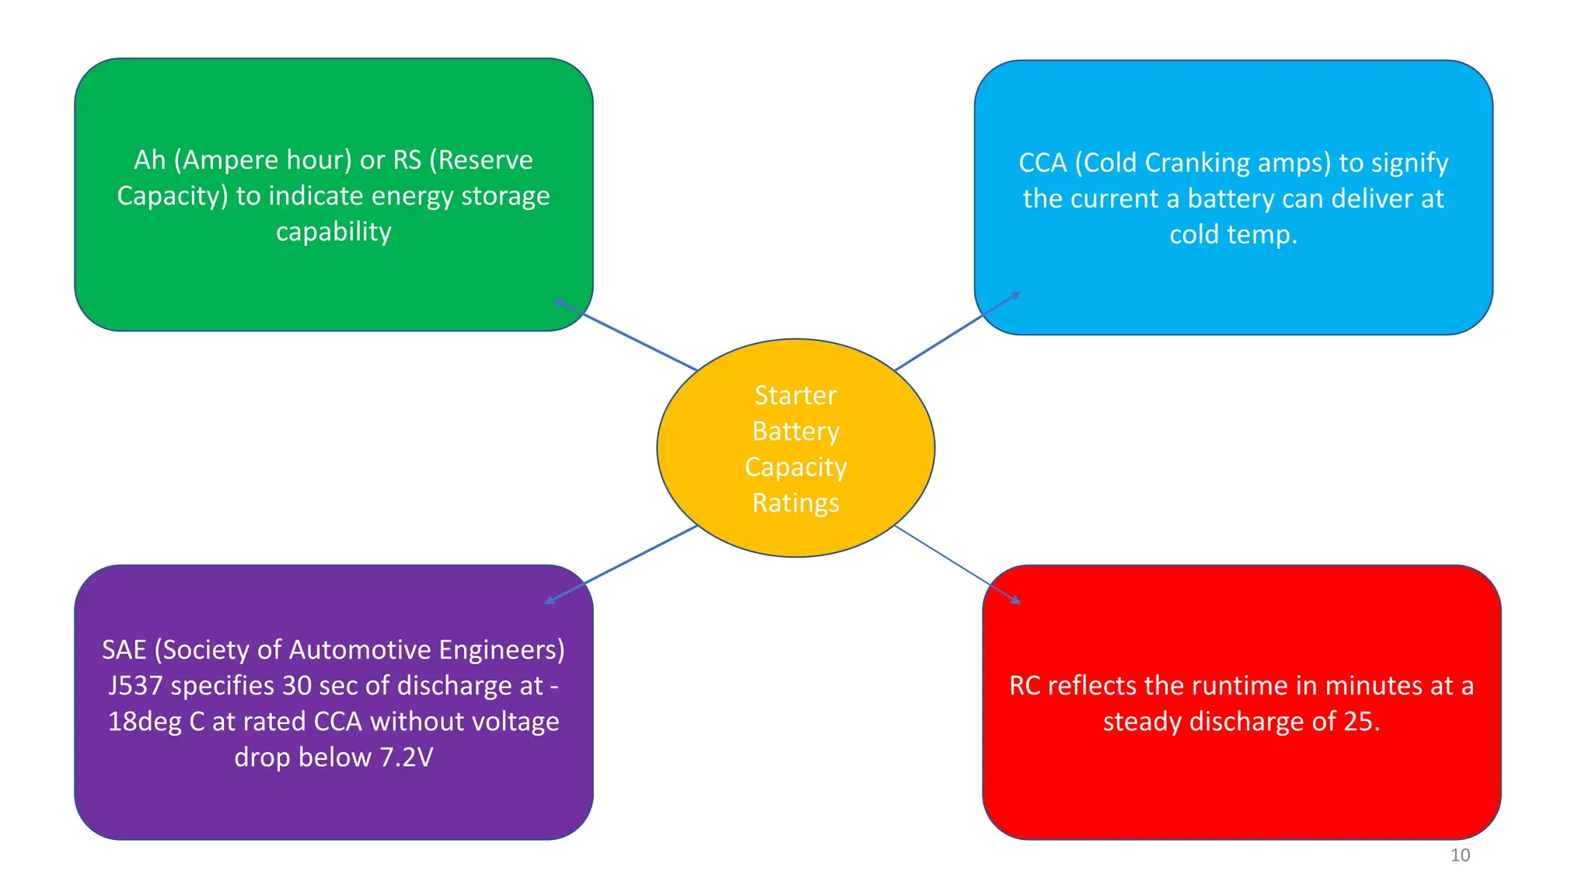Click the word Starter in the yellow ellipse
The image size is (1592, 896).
pyautogui.click(x=795, y=396)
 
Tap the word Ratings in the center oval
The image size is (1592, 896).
pyautogui.click(x=795, y=503)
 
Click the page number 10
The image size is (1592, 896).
pyautogui.click(x=1460, y=856)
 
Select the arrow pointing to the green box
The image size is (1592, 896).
pyautogui.click(x=626, y=335)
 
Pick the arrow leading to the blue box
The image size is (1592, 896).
pyautogui.click(x=957, y=331)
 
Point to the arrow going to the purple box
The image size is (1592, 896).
pyautogui.click(x=622, y=564)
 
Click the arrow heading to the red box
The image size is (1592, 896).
pyautogui.click(x=957, y=564)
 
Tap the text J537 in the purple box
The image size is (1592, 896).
pyautogui.click(x=135, y=686)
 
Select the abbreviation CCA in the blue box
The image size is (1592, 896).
pyautogui.click(x=1042, y=163)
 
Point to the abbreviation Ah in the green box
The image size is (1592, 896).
pyautogui.click(x=150, y=160)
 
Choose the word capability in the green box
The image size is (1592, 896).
pyautogui.click(x=333, y=232)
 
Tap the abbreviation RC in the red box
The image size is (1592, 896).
pyautogui.click(x=1025, y=686)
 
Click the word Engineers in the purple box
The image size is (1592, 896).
pyautogui.click(x=501, y=650)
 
